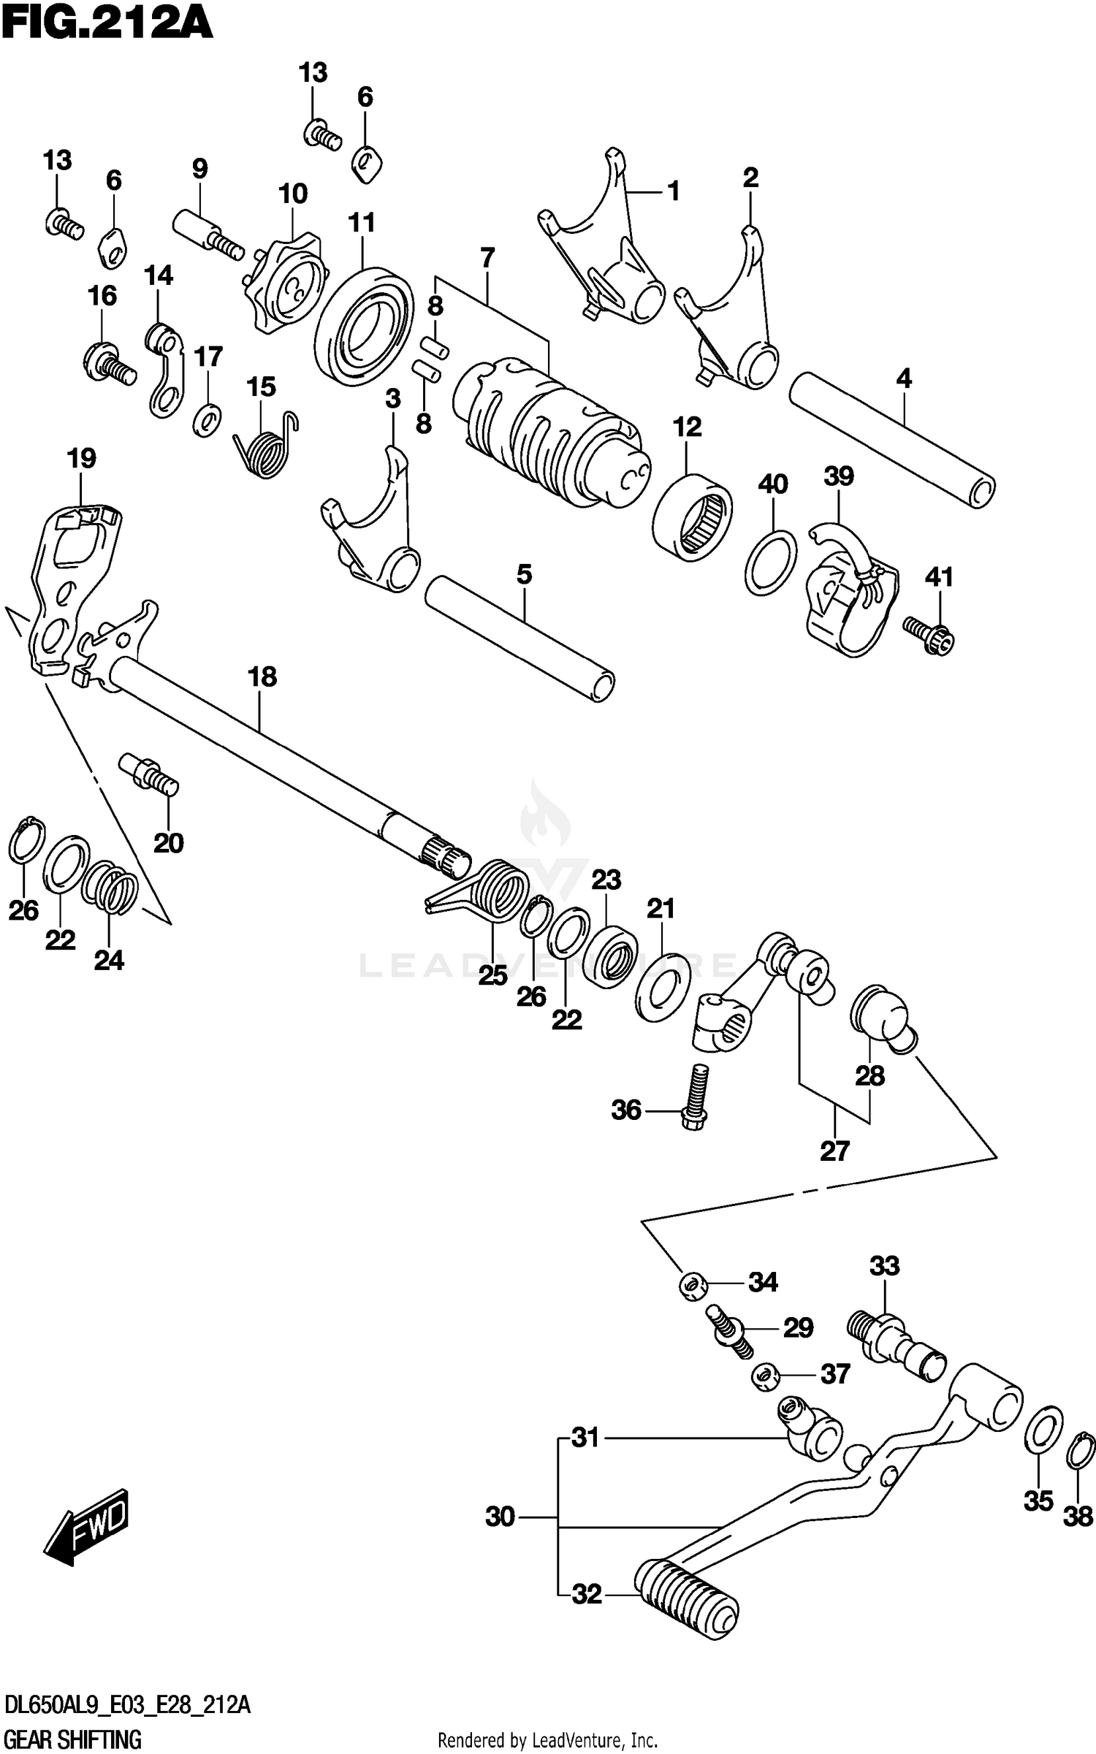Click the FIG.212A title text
pyautogui.click(x=107, y=23)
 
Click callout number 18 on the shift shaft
pyautogui.click(x=262, y=676)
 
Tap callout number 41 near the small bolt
pyautogui.click(x=939, y=577)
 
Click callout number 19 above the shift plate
pyautogui.click(x=81, y=459)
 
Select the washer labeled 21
pyautogui.click(x=663, y=986)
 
